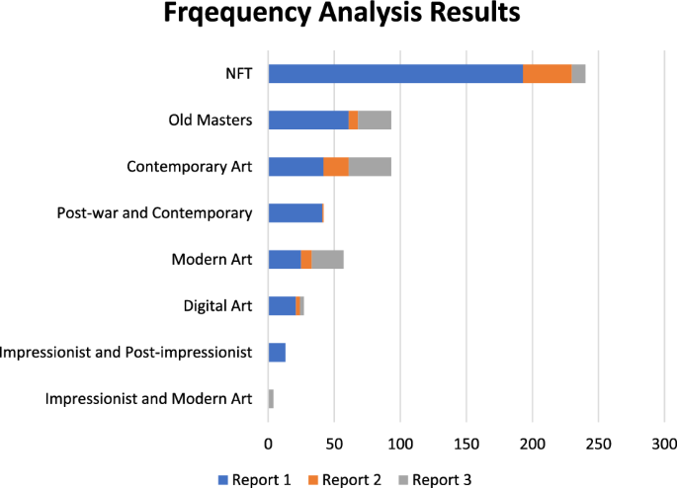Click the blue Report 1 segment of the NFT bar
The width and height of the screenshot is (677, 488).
(395, 74)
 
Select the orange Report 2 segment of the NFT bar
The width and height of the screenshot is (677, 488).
(547, 74)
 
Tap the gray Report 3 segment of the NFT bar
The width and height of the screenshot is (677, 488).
(578, 74)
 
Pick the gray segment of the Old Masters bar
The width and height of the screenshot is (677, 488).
(375, 121)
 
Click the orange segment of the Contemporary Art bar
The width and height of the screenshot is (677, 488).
(336, 167)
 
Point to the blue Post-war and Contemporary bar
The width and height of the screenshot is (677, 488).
(296, 213)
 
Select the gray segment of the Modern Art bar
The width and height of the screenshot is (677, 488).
(327, 260)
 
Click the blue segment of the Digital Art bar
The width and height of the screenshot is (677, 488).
(282, 306)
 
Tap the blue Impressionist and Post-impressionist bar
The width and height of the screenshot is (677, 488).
(277, 353)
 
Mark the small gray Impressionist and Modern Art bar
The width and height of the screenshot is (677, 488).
(271, 399)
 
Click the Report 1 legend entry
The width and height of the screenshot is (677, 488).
(254, 479)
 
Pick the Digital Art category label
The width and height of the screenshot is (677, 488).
(217, 306)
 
